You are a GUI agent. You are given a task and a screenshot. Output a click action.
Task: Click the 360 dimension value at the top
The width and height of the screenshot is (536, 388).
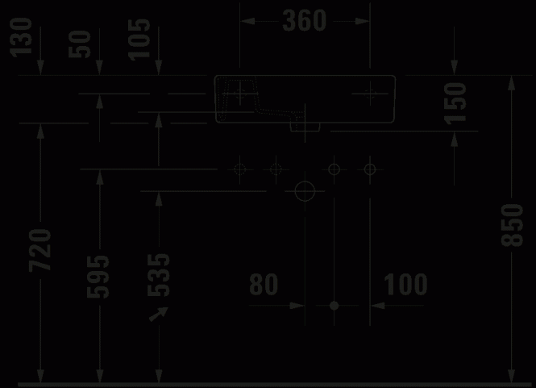(x=305, y=20)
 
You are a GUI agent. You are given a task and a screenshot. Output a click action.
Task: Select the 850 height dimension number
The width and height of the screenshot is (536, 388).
(x=512, y=225)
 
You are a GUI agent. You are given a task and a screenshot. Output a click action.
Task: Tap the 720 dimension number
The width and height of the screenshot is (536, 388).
(x=40, y=250)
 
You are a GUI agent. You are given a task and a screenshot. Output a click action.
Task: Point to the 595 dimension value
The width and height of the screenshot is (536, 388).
(x=98, y=277)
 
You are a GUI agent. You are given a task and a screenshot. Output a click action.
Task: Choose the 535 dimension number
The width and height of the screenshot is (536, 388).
(x=158, y=275)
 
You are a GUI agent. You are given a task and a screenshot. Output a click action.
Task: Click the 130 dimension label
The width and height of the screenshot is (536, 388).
(x=21, y=37)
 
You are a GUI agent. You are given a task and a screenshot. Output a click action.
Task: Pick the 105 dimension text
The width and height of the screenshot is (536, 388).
(x=139, y=40)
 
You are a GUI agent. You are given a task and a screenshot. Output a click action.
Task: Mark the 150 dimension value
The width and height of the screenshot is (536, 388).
(x=455, y=103)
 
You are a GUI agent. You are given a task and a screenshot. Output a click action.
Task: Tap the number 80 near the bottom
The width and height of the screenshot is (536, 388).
(x=264, y=284)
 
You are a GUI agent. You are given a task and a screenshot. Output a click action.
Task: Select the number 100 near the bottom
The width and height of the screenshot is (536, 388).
(x=405, y=284)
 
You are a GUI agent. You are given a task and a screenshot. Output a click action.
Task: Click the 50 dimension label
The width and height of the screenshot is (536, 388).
(x=80, y=44)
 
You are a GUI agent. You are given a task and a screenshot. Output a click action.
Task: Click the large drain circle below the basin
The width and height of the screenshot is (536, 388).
(x=305, y=191)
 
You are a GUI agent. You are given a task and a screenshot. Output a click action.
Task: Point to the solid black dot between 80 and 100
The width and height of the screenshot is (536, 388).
(x=334, y=306)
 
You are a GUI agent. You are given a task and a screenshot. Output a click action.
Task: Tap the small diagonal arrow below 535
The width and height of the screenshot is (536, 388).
(x=159, y=314)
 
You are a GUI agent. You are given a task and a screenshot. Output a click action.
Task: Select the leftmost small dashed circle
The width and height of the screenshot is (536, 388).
(x=239, y=169)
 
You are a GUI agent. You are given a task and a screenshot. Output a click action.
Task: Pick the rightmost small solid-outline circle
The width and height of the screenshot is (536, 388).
(x=370, y=169)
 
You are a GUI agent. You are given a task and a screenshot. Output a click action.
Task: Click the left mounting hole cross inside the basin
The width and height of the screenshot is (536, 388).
(x=240, y=93)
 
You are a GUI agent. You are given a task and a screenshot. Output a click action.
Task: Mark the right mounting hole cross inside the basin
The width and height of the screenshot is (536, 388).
(x=370, y=93)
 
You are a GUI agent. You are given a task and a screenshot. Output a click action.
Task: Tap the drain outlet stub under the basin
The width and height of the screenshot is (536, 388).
(x=305, y=127)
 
